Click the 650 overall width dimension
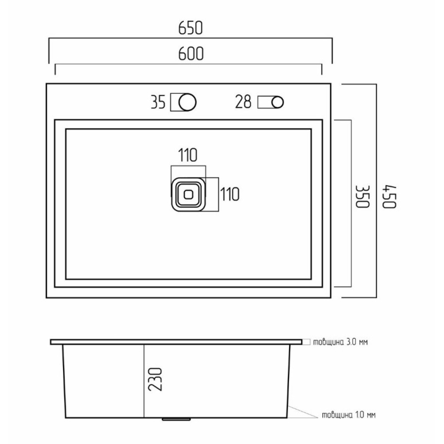point(190,28)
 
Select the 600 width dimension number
point(191,54)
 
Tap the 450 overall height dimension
point(389,197)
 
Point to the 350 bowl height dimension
point(363,197)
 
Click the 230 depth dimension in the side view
point(155,380)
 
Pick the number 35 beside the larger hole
point(158,102)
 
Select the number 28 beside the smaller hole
point(243,102)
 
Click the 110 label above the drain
point(188,155)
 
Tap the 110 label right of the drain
point(230,194)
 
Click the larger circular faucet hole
point(187,102)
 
